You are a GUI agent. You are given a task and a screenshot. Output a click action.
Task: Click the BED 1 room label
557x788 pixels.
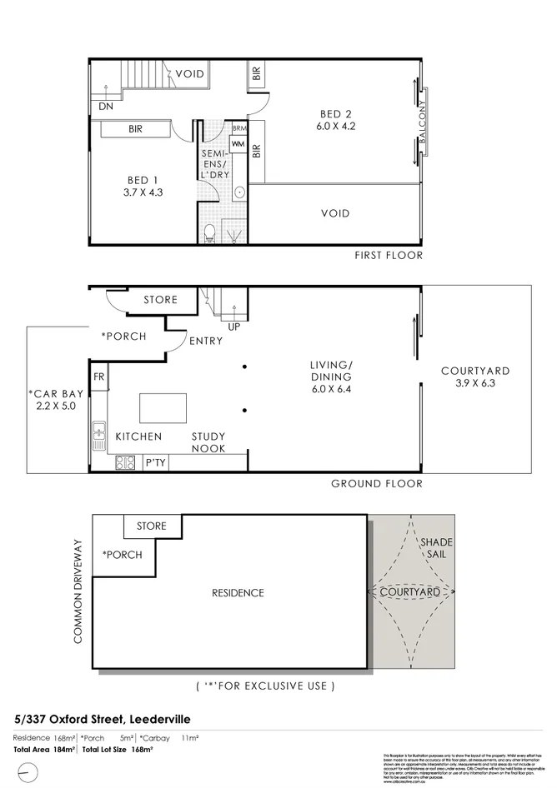coord(143,180)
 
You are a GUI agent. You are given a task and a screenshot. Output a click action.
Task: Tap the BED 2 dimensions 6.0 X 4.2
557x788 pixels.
coord(337,127)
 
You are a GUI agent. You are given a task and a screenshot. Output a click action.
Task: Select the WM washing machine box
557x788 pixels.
coord(238,145)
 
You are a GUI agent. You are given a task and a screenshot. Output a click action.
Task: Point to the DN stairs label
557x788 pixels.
coord(106,107)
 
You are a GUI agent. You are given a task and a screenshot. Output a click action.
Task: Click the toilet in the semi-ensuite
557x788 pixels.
coord(209,231)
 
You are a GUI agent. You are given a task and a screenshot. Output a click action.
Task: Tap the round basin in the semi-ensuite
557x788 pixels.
coord(238,192)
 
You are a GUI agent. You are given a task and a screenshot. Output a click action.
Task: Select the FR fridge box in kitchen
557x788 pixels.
coord(98,377)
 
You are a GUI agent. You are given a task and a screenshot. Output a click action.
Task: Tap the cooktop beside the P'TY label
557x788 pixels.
coord(128,462)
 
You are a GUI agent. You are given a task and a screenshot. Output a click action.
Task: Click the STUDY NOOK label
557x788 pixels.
coord(208,442)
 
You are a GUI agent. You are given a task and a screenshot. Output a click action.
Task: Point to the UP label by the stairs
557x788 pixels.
coord(233,327)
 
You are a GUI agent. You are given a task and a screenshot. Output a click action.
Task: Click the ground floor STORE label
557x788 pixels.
coord(160,300)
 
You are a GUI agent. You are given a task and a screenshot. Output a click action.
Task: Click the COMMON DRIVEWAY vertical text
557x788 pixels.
coord(79,591)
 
